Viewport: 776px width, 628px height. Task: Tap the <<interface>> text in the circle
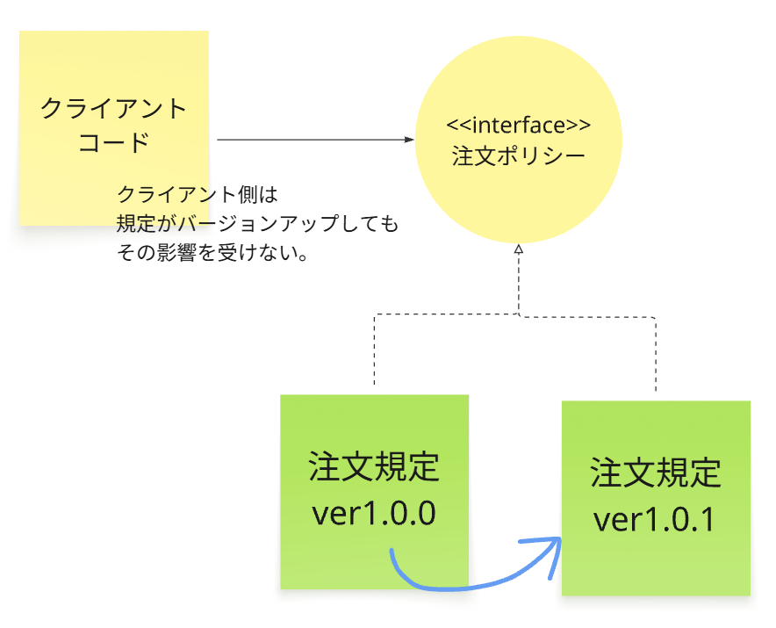coord(518,124)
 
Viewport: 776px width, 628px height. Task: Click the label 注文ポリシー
coord(518,156)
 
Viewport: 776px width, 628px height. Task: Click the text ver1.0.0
coord(374,513)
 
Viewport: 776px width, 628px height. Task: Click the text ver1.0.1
coord(655,519)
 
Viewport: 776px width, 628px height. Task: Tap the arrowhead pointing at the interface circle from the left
coord(409,140)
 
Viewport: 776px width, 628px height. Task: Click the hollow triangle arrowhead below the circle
coord(518,250)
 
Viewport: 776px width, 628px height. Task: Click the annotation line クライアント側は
coord(197,194)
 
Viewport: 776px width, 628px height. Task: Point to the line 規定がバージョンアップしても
coord(257,224)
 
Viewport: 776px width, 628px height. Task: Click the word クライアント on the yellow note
coord(114,109)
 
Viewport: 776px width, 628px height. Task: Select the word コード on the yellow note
coord(114,142)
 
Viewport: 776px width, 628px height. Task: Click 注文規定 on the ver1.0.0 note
coord(374,467)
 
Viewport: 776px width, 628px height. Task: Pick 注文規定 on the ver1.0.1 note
coord(655,473)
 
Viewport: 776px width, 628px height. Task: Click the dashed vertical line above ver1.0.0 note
coord(374,351)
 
